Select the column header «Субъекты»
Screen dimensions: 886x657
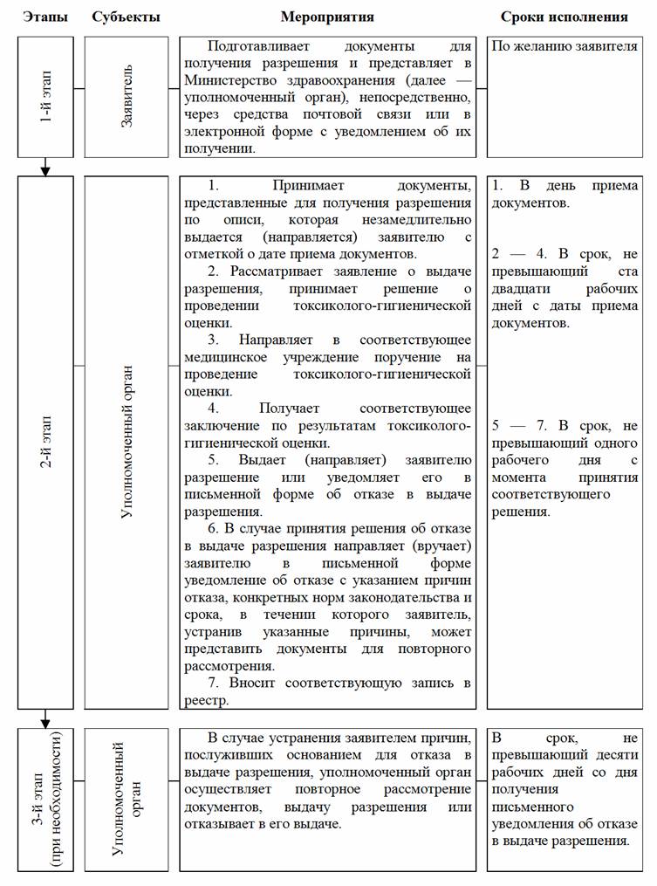124,17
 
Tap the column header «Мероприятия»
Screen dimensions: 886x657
327,17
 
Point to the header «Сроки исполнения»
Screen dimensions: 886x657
564,17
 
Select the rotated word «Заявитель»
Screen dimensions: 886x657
127,96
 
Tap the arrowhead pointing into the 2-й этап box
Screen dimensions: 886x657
45,168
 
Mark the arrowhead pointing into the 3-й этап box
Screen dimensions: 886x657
45,721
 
